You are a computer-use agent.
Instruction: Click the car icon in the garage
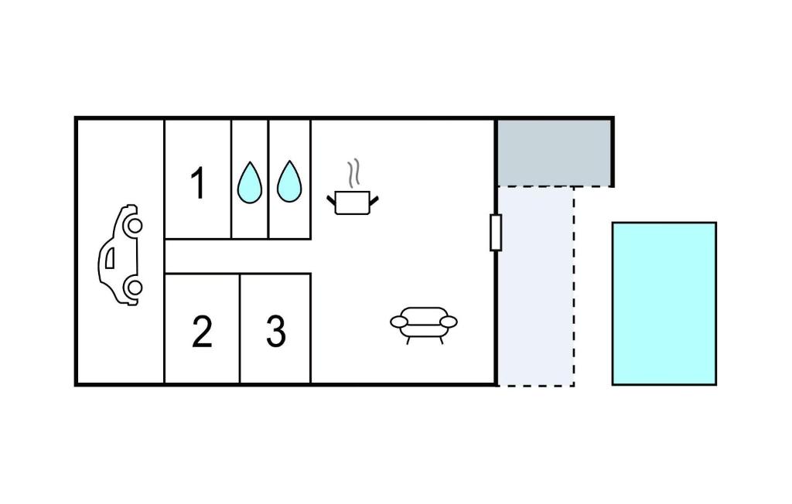(x=120, y=255)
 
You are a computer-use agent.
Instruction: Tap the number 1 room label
(x=198, y=183)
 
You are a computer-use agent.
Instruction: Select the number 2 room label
(x=202, y=332)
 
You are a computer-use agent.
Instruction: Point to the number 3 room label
(x=276, y=332)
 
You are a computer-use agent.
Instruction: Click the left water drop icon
(x=250, y=182)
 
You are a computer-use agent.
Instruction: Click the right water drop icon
(x=289, y=182)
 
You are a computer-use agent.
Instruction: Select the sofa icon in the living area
(x=424, y=325)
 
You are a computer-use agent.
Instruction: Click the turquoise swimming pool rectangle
(x=664, y=304)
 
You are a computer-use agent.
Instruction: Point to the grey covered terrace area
(x=554, y=153)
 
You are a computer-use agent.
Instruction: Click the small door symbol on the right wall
(x=496, y=233)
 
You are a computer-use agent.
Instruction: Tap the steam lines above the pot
(x=354, y=172)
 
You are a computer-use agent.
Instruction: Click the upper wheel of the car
(x=135, y=225)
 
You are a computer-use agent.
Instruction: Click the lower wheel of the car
(x=135, y=288)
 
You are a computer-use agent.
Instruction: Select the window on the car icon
(x=110, y=257)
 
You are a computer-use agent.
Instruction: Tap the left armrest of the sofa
(x=399, y=322)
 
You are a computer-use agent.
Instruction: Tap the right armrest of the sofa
(x=449, y=322)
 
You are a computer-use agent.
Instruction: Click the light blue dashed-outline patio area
(x=536, y=286)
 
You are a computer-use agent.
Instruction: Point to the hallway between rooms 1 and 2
(x=237, y=256)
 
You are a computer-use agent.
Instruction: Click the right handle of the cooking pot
(x=374, y=200)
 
